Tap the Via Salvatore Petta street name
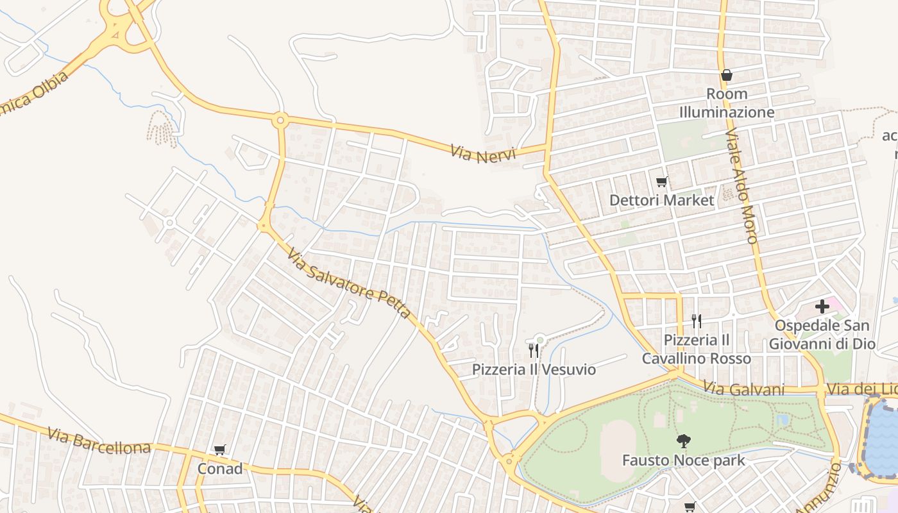[x=348, y=284]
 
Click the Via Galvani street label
[x=744, y=389]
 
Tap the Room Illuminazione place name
[x=727, y=103]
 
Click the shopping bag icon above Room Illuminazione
[x=727, y=75]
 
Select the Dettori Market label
[x=661, y=200]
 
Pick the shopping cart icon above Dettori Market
[x=661, y=182]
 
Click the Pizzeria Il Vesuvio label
[x=534, y=369]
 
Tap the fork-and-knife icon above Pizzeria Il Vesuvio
[x=533, y=350]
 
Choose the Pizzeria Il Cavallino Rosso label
[x=697, y=349]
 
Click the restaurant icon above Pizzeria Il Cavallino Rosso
[x=697, y=321]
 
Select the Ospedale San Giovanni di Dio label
[x=822, y=335]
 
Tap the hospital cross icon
[x=822, y=307]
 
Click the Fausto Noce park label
[x=684, y=460]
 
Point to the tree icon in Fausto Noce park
[x=684, y=441]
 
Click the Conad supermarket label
[x=220, y=469]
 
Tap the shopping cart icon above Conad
[x=220, y=450]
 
